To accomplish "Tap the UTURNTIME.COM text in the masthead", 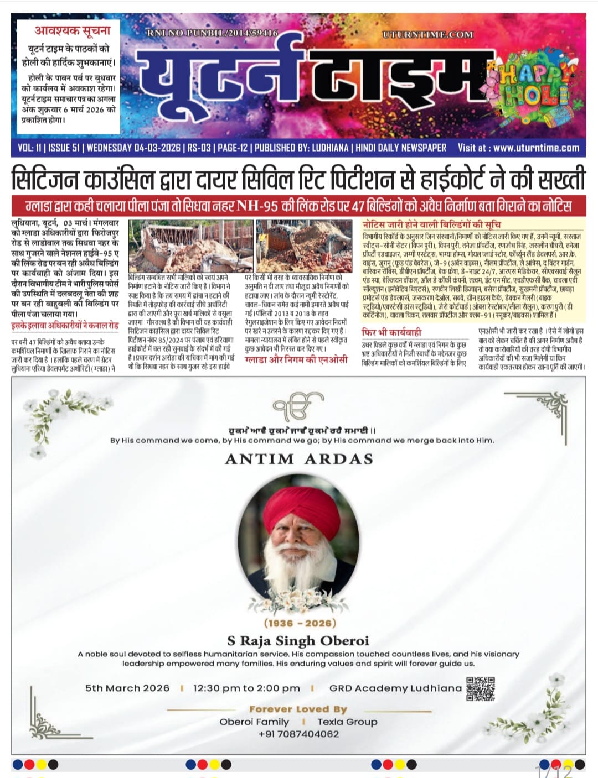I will tap(427, 34).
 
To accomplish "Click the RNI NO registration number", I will tap(212, 33).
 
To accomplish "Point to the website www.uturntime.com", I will tap(536, 148).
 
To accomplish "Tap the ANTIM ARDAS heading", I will tap(299, 459).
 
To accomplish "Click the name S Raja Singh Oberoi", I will tap(298, 641).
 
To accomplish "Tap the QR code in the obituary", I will tap(480, 688).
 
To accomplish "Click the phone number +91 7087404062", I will tap(298, 734).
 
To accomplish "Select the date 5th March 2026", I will tap(127, 688).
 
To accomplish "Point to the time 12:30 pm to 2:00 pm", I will tap(246, 688).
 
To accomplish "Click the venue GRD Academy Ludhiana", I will tap(395, 688).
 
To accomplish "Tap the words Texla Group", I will tap(347, 722).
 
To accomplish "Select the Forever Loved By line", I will tap(298, 709).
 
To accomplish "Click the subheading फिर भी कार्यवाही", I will tap(391, 332).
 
